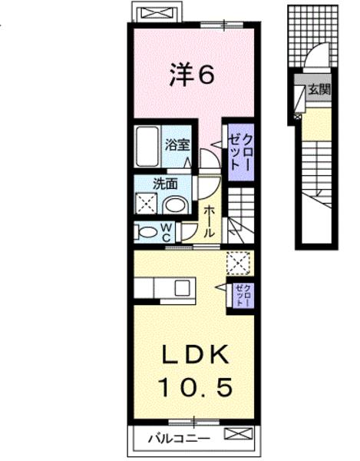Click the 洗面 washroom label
[165, 184]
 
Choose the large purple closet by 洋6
[239, 151]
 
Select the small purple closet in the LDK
[241, 294]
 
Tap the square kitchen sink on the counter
[182, 287]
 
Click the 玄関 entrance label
[320, 90]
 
